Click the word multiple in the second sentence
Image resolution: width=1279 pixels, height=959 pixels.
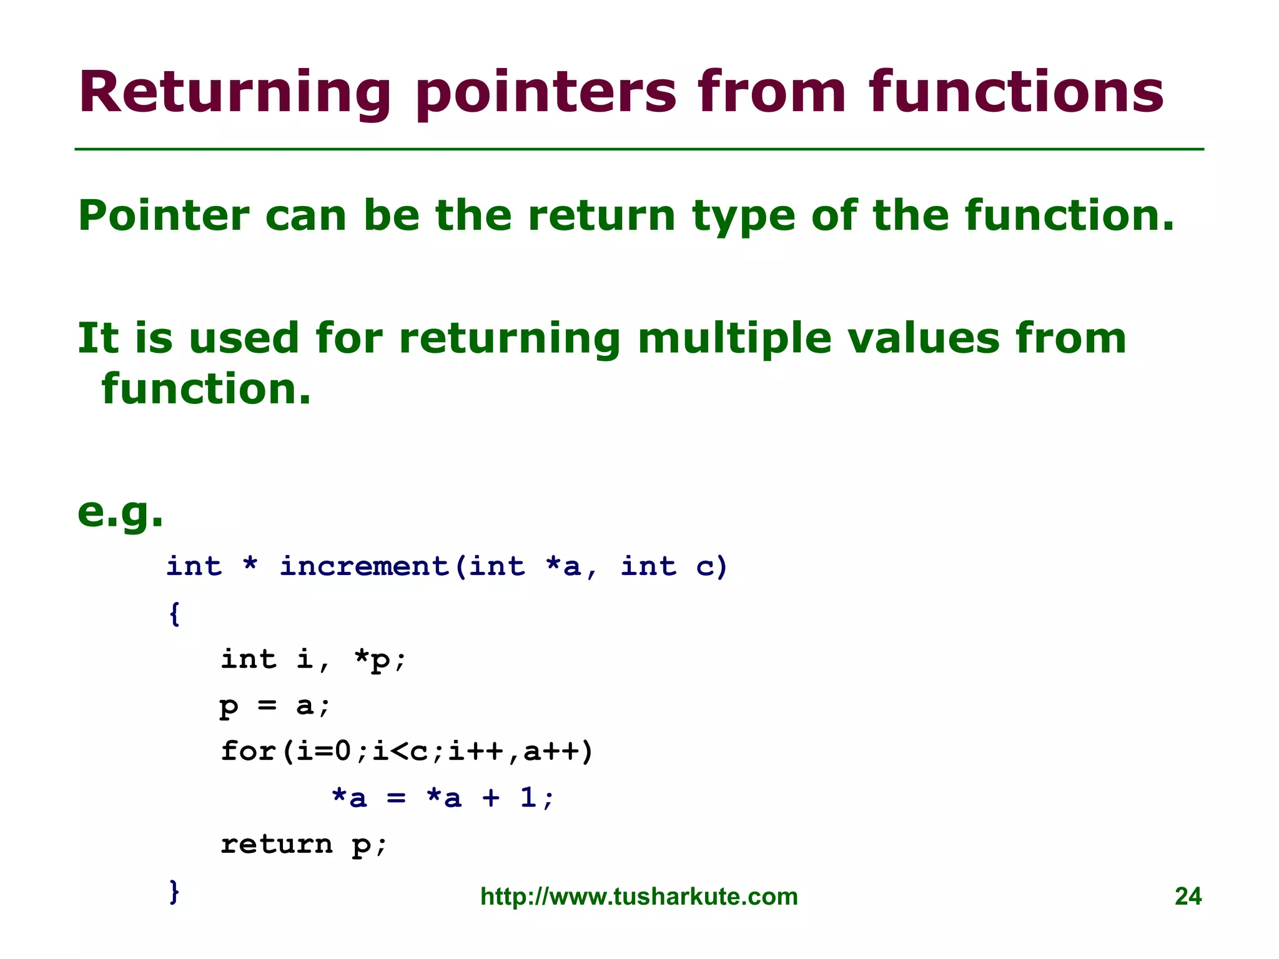(x=734, y=339)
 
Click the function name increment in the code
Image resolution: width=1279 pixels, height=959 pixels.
(x=364, y=566)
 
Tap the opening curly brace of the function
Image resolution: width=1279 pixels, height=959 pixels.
(x=175, y=613)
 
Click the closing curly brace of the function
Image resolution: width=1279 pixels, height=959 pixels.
(x=175, y=891)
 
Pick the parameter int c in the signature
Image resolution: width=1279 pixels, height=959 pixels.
(x=673, y=566)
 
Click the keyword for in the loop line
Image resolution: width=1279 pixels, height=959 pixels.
(x=248, y=751)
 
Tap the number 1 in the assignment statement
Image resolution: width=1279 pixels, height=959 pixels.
(x=528, y=797)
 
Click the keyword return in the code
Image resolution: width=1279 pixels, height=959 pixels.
(x=276, y=844)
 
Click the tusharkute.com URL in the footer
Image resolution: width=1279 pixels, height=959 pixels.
(x=639, y=897)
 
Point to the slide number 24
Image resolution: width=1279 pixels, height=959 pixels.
(x=1187, y=897)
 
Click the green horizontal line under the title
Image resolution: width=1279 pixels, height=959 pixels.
(x=639, y=149)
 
